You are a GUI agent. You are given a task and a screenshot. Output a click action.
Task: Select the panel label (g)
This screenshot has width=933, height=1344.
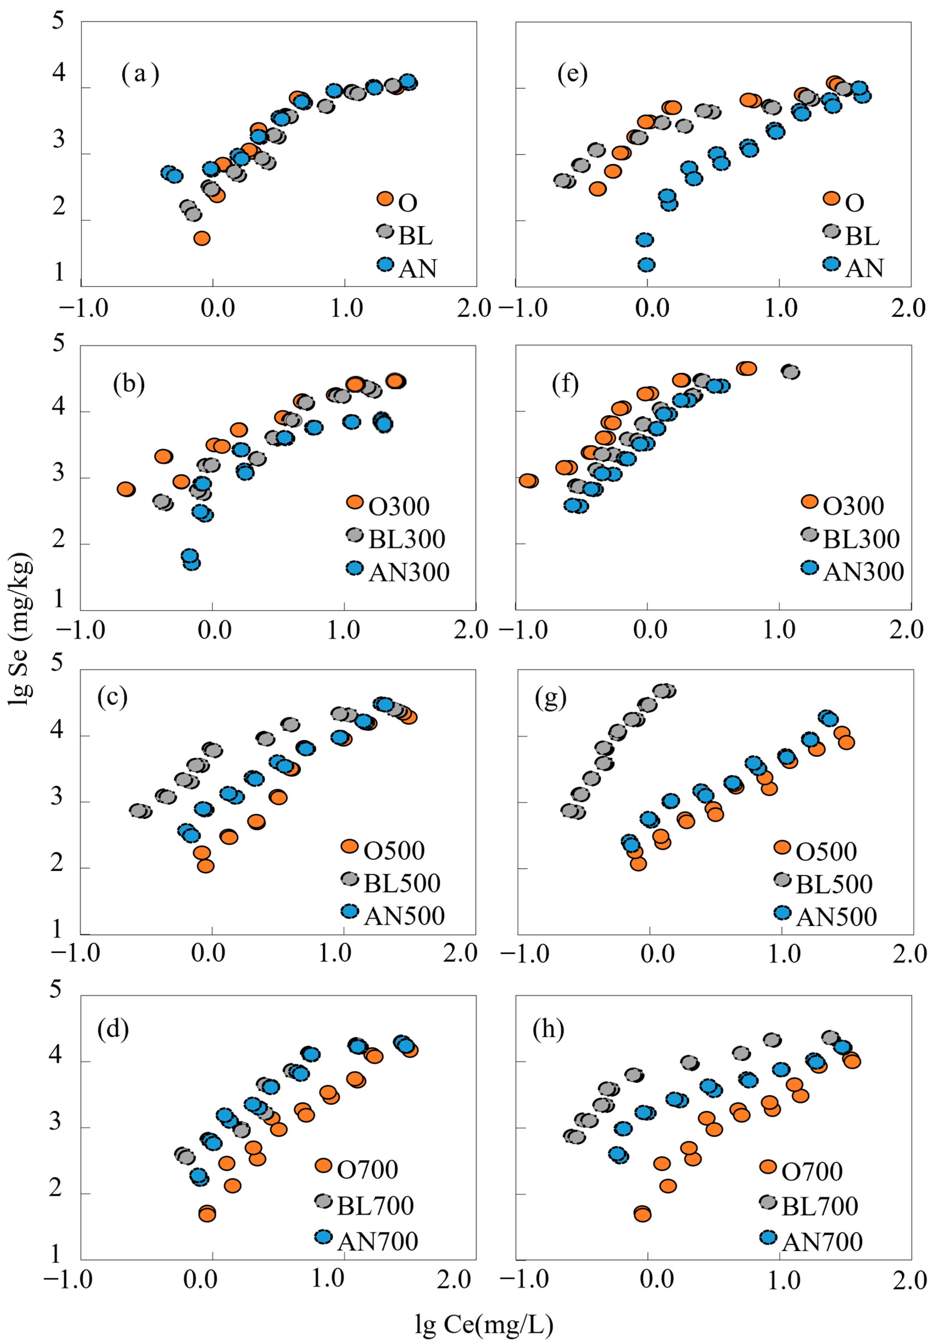coord(551,699)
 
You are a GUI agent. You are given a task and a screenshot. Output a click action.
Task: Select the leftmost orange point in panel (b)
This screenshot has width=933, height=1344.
coord(126,489)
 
